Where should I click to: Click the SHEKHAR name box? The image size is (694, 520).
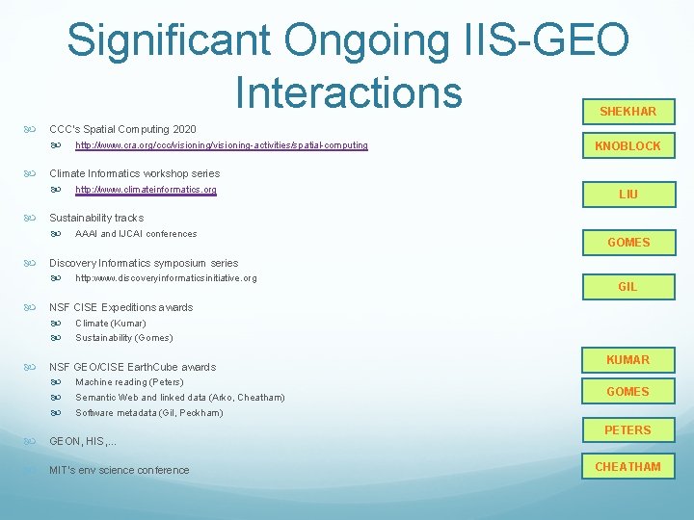[x=627, y=112]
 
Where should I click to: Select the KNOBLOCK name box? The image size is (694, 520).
[x=627, y=146]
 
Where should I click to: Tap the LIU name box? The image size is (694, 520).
[x=627, y=195]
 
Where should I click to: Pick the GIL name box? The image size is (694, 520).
[x=627, y=287]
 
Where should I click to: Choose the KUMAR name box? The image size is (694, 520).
[x=627, y=360]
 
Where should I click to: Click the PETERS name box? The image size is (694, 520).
[x=627, y=430]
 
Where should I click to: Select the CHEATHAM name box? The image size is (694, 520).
[x=627, y=467]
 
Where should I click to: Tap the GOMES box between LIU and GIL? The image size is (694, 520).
[x=627, y=243]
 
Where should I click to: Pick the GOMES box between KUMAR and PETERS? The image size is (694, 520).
[x=627, y=392]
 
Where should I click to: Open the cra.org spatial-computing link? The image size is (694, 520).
[x=221, y=145]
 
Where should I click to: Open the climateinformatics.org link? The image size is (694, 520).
[x=146, y=190]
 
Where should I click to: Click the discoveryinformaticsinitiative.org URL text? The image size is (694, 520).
[x=166, y=278]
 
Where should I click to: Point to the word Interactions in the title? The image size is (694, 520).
[x=348, y=91]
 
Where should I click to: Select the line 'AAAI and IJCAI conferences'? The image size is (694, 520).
[x=136, y=234]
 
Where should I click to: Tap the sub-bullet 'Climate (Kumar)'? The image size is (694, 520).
[x=111, y=324]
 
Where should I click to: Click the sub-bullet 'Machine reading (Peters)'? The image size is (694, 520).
[x=129, y=382]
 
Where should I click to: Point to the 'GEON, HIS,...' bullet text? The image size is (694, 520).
[x=83, y=441]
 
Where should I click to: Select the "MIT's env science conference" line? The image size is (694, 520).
[x=120, y=470]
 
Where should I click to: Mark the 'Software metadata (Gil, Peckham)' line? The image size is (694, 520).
[x=148, y=413]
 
